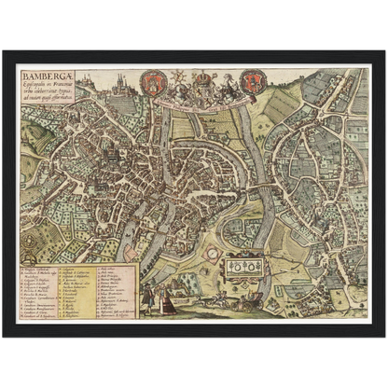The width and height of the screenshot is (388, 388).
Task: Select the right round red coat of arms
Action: (250, 86)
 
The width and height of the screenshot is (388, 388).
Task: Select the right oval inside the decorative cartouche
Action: (256, 267)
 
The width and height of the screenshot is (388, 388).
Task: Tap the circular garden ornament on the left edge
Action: (29, 237)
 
